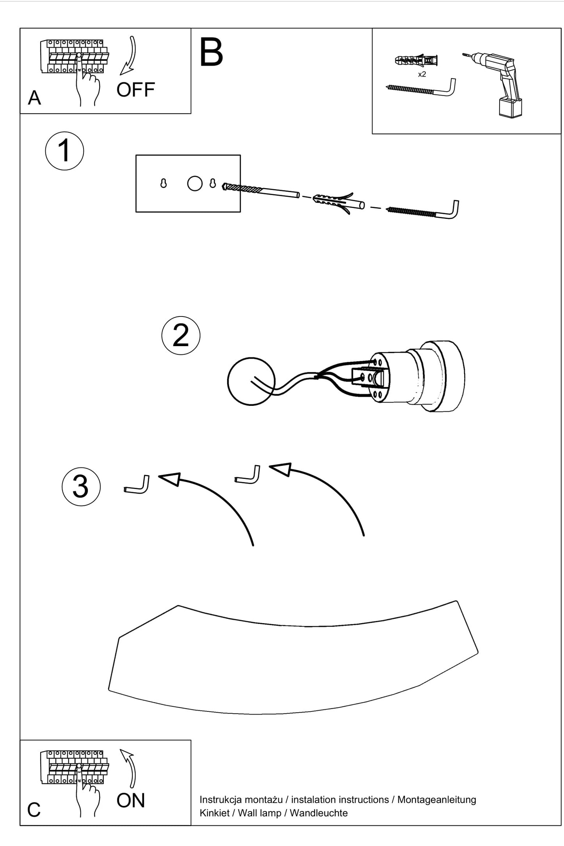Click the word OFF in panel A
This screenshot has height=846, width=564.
(x=135, y=90)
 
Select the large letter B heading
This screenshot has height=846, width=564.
(x=211, y=53)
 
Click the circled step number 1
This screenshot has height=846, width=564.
(x=64, y=151)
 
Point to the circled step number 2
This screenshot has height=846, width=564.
(x=181, y=336)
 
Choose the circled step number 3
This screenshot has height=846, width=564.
(x=81, y=487)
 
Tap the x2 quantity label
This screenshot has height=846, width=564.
(x=422, y=74)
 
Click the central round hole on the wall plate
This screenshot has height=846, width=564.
(x=195, y=183)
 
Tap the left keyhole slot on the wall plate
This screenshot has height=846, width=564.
(x=164, y=183)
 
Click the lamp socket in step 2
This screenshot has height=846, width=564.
(x=417, y=377)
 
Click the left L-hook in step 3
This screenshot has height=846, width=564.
(x=137, y=485)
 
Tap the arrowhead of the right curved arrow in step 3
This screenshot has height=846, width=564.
(x=281, y=469)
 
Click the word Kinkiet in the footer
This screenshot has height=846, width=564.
(x=214, y=813)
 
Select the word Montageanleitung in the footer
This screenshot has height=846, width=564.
(x=437, y=800)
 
